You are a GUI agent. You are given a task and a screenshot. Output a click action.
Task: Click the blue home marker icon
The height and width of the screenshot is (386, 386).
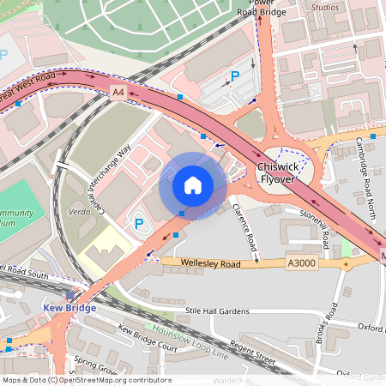point(193,184)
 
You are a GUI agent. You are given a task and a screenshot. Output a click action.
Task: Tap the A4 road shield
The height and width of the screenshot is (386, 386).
point(118,90)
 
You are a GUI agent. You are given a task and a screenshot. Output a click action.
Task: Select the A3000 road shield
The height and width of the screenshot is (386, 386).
point(302,263)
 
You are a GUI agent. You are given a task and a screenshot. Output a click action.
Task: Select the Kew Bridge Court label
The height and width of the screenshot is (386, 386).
point(148,341)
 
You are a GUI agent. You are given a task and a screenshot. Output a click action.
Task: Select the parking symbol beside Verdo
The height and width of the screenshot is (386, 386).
point(140,224)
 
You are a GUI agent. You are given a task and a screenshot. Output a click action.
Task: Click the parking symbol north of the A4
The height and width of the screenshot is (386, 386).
point(234,77)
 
